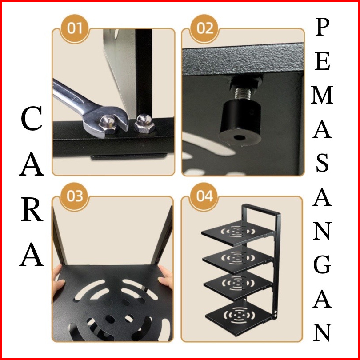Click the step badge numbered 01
(x=75, y=28)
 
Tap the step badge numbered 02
(x=204, y=28)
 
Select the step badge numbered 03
(x=75, y=196)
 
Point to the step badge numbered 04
(x=204, y=196)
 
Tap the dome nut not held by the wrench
(x=144, y=124)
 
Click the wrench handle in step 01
(x=69, y=94)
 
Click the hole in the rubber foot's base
(x=239, y=138)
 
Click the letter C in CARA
(x=32, y=119)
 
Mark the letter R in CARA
(x=32, y=211)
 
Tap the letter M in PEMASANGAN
(x=322, y=95)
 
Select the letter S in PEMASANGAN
(x=322, y=163)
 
